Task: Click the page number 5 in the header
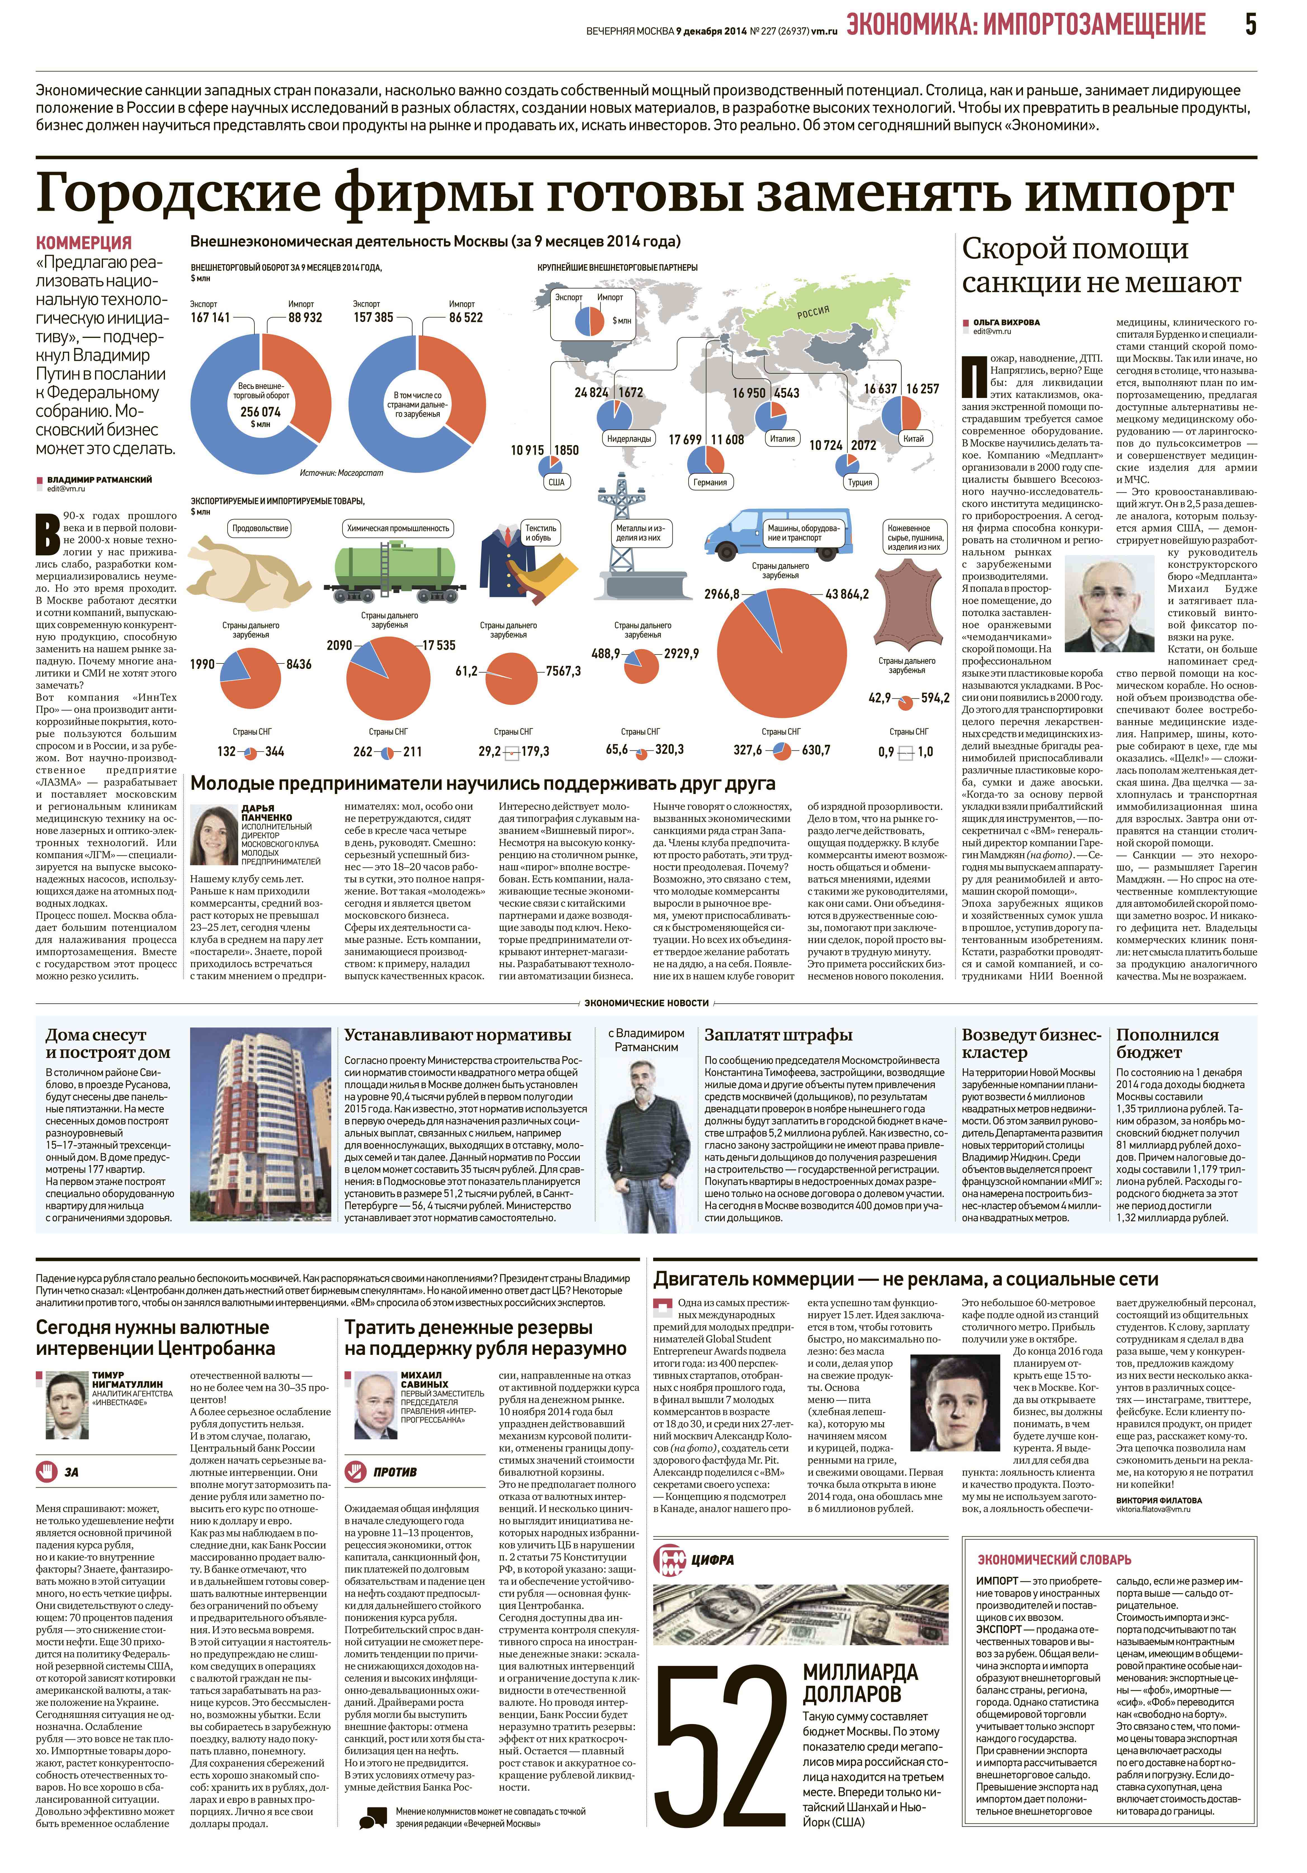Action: click(x=1250, y=25)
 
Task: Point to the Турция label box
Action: click(x=860, y=482)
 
